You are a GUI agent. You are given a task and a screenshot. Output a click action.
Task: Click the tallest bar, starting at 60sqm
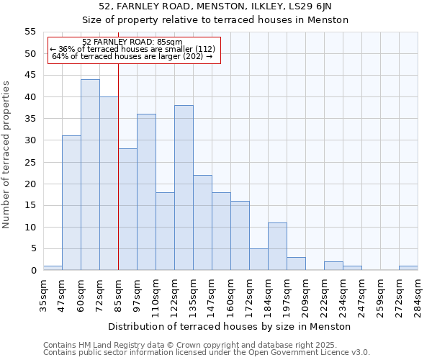click(90, 175)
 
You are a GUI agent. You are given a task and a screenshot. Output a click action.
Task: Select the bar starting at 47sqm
click(71, 203)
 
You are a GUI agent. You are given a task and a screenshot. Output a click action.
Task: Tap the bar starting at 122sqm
click(184, 188)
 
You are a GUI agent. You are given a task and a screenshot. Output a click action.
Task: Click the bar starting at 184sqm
click(277, 247)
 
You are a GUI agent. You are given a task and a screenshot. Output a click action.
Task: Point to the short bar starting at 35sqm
click(53, 269)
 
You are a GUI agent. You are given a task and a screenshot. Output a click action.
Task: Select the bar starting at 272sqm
click(408, 269)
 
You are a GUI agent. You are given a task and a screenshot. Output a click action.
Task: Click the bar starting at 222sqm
click(333, 266)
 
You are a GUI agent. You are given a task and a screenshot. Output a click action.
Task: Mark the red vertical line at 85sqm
click(118, 180)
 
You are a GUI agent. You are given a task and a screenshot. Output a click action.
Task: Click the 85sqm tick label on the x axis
click(118, 294)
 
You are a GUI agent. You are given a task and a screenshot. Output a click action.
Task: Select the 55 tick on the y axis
click(30, 32)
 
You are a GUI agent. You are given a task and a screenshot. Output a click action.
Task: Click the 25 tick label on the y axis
click(30, 162)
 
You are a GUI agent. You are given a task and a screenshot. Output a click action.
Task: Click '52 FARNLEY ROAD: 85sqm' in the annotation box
click(132, 42)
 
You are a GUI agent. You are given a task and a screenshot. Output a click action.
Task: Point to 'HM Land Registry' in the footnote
click(107, 345)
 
